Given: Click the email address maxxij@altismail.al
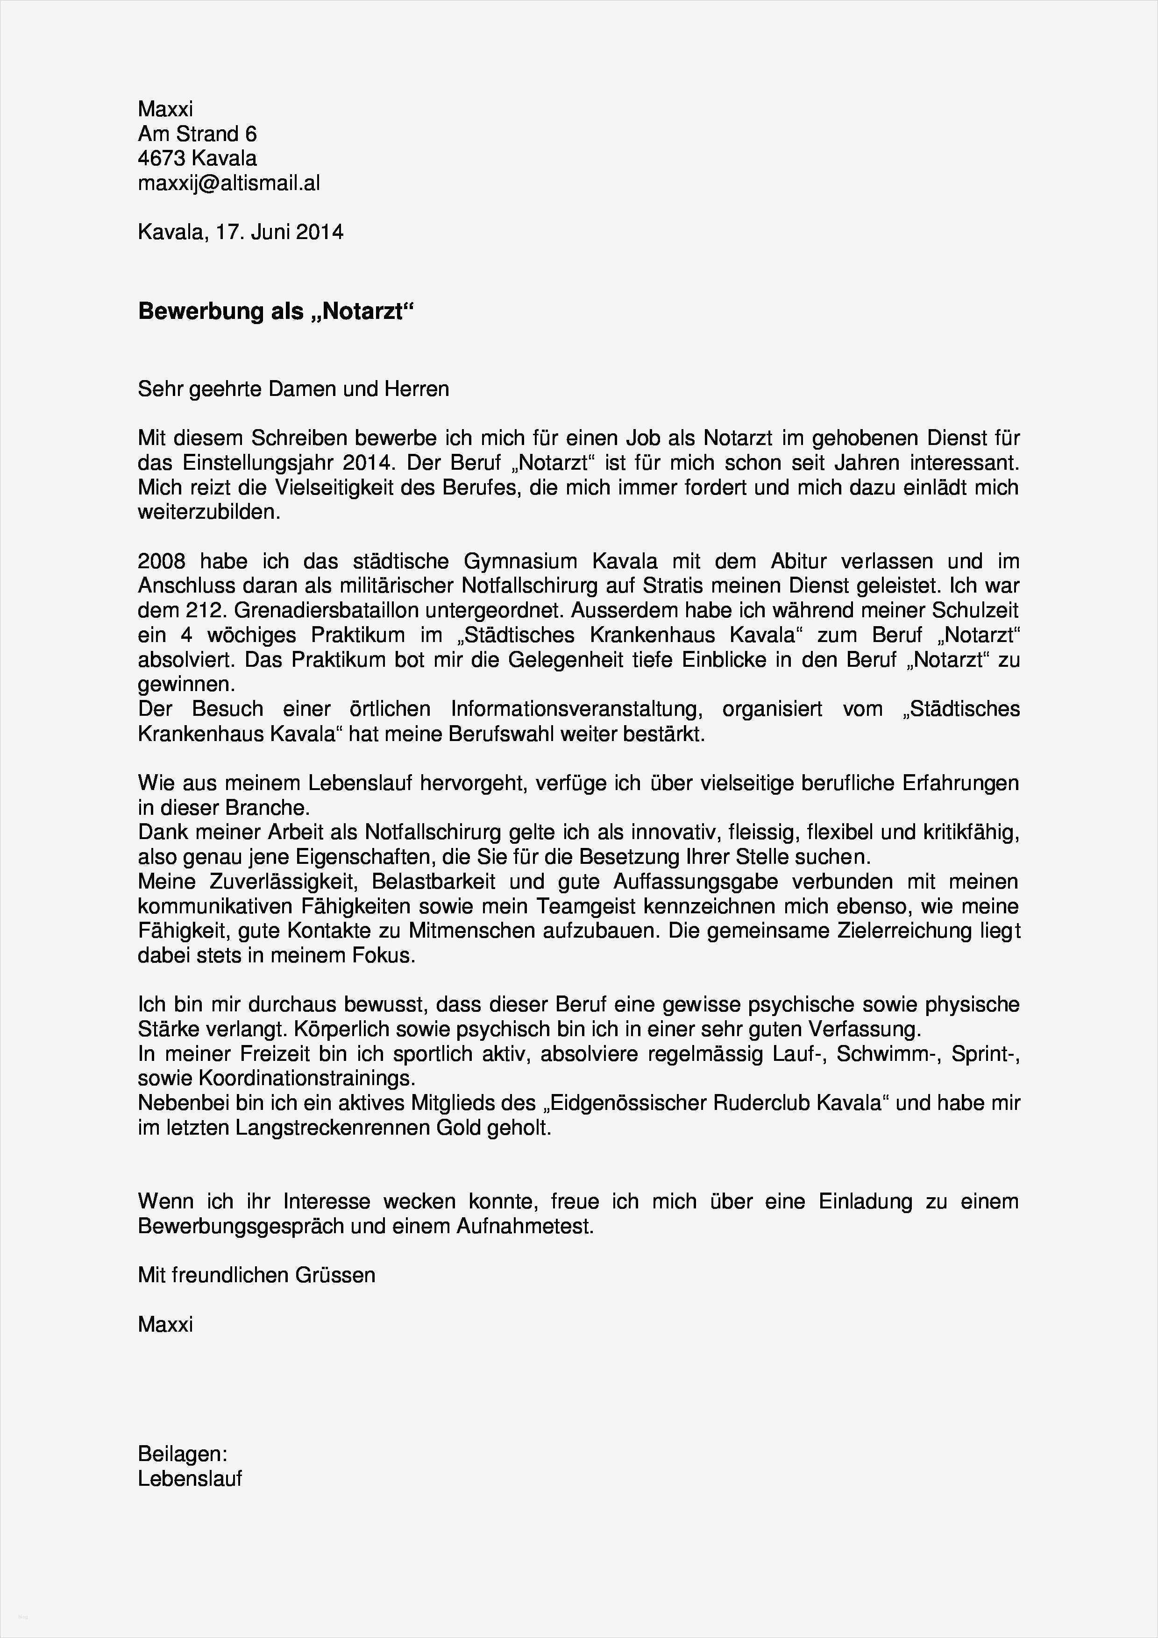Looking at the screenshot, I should pyautogui.click(x=228, y=184).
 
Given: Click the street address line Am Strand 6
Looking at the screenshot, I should pyautogui.click(x=197, y=134).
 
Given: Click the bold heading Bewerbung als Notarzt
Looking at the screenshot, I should pyautogui.click(x=276, y=312).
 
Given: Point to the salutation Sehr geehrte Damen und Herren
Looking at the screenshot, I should pyautogui.click(x=293, y=389).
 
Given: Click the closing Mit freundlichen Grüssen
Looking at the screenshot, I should pyautogui.click(x=256, y=1276).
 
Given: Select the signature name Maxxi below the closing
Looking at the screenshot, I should pyautogui.click(x=165, y=1325).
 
